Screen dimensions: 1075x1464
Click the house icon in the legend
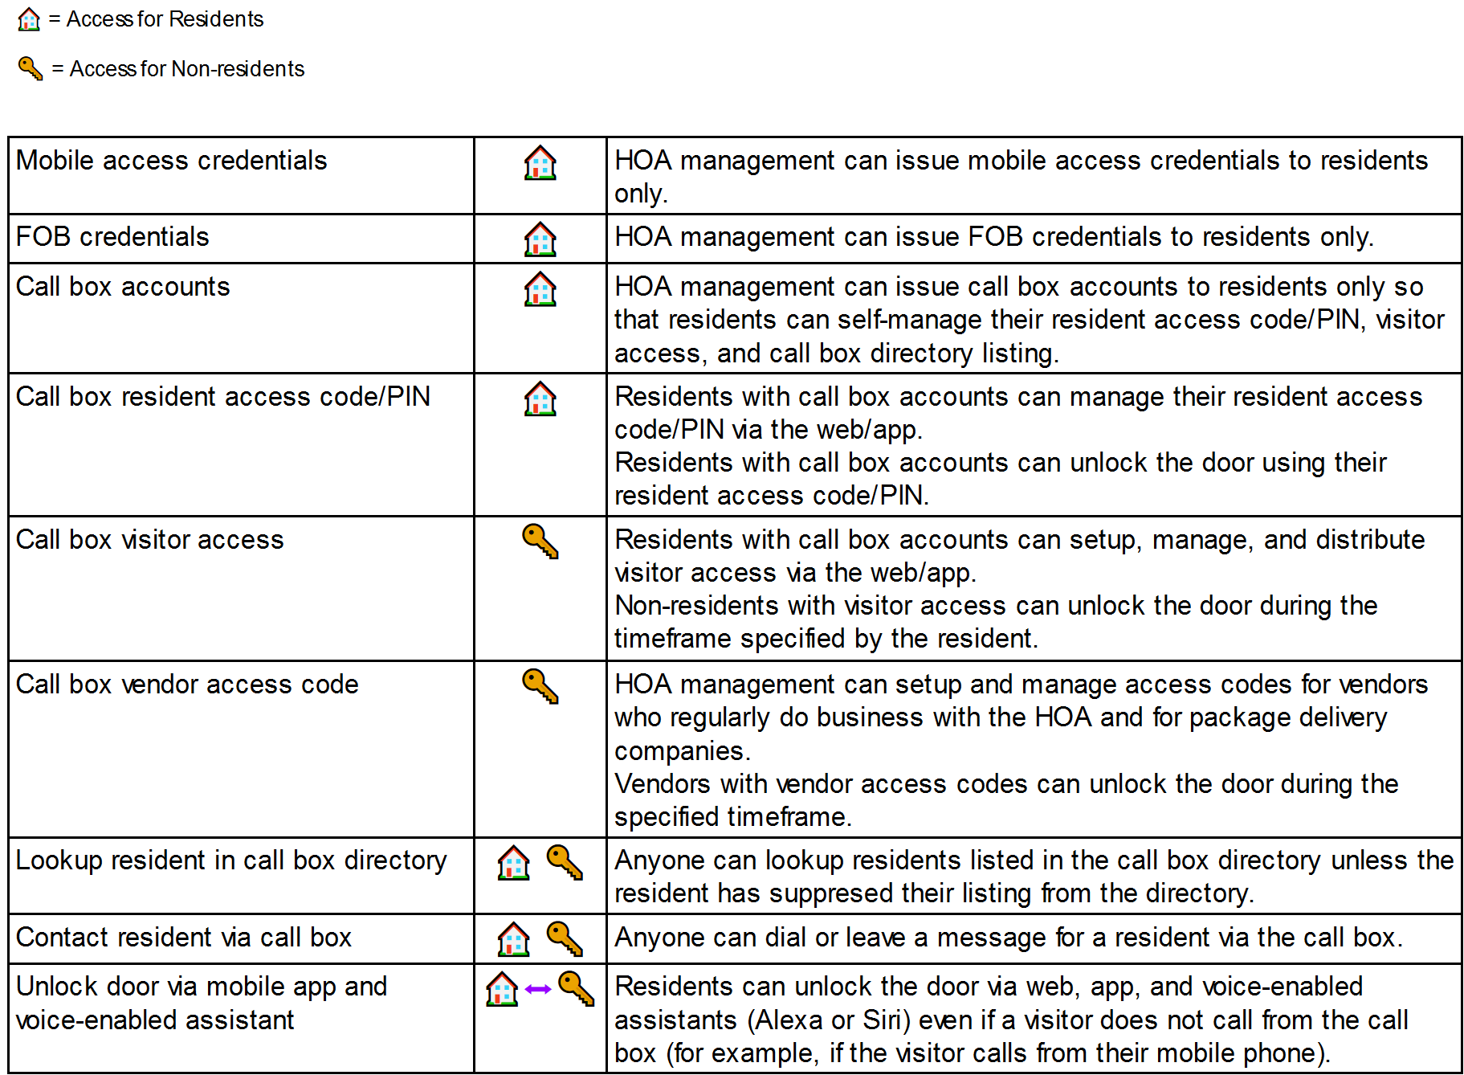pos(29,19)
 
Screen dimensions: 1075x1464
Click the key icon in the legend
pos(31,68)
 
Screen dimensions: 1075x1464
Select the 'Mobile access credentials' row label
pos(171,161)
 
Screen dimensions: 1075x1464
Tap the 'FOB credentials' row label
pos(112,237)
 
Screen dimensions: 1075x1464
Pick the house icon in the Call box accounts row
pos(540,289)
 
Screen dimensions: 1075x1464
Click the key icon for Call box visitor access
pos(540,541)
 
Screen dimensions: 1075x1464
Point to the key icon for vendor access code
pos(540,686)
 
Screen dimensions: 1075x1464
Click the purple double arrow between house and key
pos(537,989)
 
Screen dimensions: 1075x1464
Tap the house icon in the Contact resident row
pos(514,939)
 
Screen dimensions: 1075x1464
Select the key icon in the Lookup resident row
pos(565,862)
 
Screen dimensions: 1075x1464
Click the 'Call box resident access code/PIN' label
pos(223,397)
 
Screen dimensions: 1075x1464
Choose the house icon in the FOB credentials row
pos(540,239)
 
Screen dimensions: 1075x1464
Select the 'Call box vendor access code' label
pos(187,685)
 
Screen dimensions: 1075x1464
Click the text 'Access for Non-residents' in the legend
pos(187,69)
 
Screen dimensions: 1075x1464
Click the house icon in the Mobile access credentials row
pos(540,163)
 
